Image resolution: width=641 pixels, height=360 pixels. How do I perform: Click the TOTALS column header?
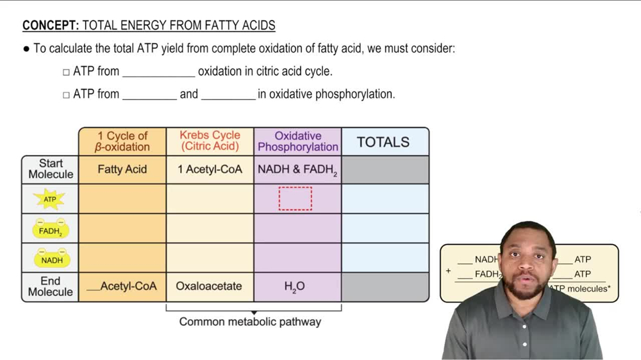383,142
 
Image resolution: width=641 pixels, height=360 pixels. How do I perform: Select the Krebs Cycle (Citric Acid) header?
210,141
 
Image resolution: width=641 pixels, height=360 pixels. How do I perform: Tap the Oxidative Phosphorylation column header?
297,142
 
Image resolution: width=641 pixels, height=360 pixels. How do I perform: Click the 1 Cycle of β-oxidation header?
122,142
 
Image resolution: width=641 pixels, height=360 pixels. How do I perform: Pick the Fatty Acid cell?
122,170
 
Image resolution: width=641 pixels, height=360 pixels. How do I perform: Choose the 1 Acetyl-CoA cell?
210,170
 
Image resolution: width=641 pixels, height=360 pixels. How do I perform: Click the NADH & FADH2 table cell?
297,170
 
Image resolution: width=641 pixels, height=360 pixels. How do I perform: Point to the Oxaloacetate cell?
209,286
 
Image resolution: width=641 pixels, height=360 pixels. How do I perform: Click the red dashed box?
296,199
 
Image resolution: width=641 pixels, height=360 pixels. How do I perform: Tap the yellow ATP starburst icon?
50,199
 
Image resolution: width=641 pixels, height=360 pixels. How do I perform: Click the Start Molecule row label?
51,169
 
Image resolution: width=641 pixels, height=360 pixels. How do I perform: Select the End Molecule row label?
50,286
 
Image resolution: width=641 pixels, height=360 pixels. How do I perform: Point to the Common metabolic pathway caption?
250,322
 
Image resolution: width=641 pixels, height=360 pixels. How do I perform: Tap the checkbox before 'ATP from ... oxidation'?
66,72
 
